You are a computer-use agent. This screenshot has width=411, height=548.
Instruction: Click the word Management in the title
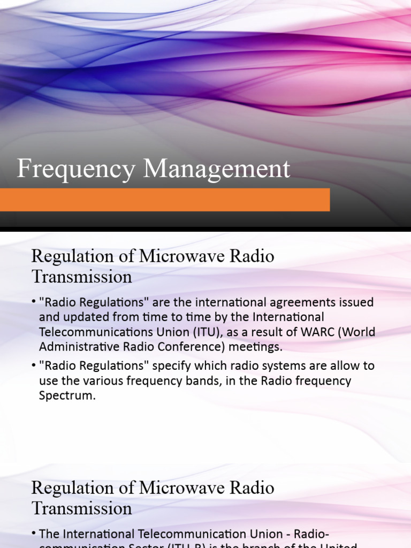pyautogui.click(x=217, y=169)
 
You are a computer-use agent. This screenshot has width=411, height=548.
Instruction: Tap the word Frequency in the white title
pyautogui.click(x=77, y=170)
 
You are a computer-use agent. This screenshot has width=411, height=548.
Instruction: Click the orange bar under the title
pyautogui.click(x=165, y=200)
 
